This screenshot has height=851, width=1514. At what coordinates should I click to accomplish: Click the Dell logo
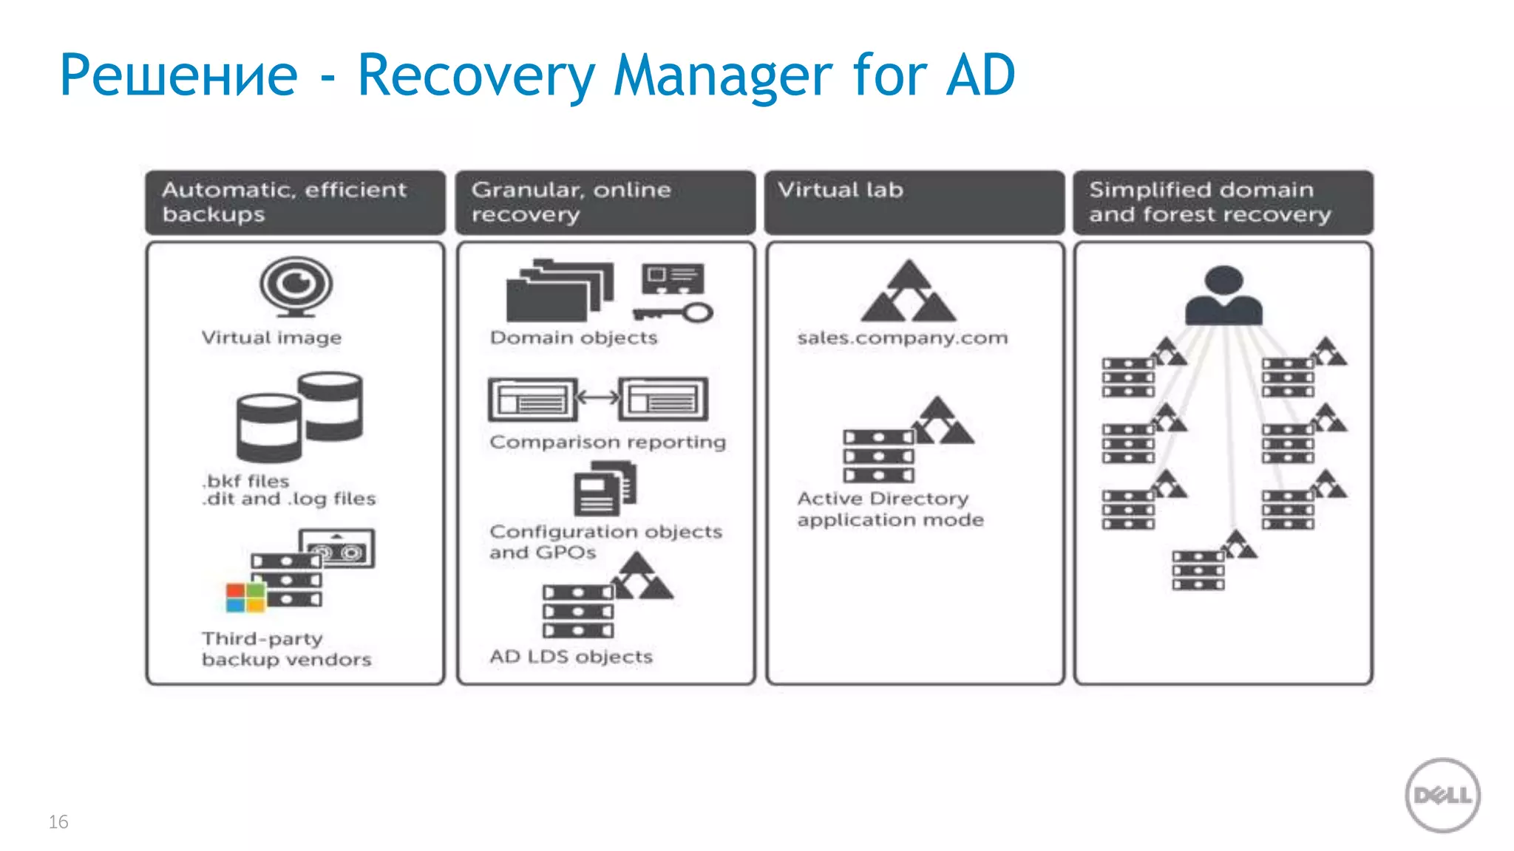pos(1442,796)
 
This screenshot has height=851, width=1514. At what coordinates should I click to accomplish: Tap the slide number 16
pos(58,821)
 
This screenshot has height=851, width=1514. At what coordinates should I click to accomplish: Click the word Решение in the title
pos(178,75)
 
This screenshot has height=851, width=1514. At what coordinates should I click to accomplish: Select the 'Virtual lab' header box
pos(914,202)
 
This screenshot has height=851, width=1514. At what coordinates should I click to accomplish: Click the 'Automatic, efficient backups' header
pos(295,202)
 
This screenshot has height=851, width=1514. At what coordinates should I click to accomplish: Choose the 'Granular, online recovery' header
pos(605,202)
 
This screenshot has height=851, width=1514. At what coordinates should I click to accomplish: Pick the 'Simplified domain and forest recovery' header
pos(1223,202)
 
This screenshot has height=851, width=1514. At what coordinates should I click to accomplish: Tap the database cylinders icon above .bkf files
pos(299,417)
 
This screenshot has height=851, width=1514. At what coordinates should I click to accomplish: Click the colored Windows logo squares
pos(245,598)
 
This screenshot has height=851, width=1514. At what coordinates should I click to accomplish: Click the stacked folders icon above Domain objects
pos(559,291)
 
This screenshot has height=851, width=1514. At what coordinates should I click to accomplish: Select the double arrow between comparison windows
pos(597,398)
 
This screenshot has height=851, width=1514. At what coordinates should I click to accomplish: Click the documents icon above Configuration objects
pos(605,488)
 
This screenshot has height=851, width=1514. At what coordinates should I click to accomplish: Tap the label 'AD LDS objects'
pos(571,657)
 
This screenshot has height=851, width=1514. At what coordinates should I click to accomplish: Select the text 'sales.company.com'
pos(902,338)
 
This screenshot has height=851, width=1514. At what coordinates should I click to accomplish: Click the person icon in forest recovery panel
pos(1223,295)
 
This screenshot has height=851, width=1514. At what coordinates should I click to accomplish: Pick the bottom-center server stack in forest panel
pos(1198,570)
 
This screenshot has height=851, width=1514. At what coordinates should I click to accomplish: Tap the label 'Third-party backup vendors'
pos(287,649)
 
